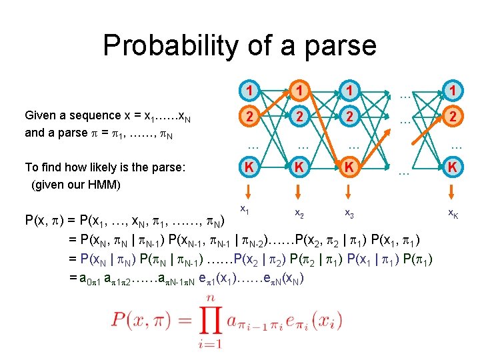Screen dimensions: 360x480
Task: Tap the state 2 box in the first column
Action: [248, 116]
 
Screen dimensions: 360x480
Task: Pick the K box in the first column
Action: [248, 167]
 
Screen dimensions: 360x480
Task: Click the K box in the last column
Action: [453, 167]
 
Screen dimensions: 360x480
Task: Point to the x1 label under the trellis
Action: [245, 211]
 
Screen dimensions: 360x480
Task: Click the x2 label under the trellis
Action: [299, 213]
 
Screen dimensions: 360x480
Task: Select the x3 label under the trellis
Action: [349, 213]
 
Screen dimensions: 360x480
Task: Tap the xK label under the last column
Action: [453, 213]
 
